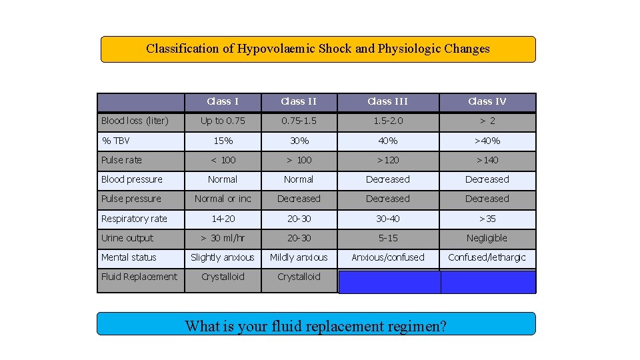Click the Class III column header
pos(387,101)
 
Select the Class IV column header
pos(487,101)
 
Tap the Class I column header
pos(223,101)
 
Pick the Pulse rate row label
pos(121,160)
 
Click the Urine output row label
pos(127,238)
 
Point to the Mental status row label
pos(129,257)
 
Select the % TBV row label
pos(115,141)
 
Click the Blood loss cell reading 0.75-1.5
pos(299,121)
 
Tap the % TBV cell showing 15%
pos(223,141)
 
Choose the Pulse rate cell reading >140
pos(487,160)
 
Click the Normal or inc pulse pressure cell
pos(223,199)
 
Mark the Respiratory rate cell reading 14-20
pos(223,219)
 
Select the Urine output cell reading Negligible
pos(487,238)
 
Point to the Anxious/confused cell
pos(387,257)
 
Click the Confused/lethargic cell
pos(487,257)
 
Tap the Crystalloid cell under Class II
pos(299,277)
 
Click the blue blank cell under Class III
pos(389,282)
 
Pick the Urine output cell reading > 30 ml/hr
pos(223,238)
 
